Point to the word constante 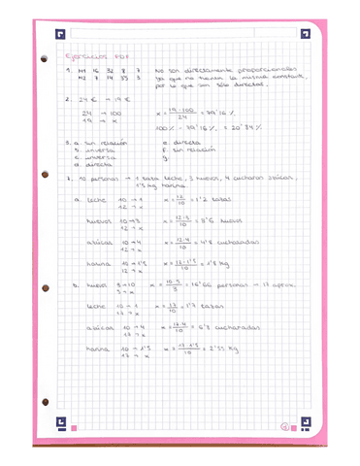click(x=278, y=82)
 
